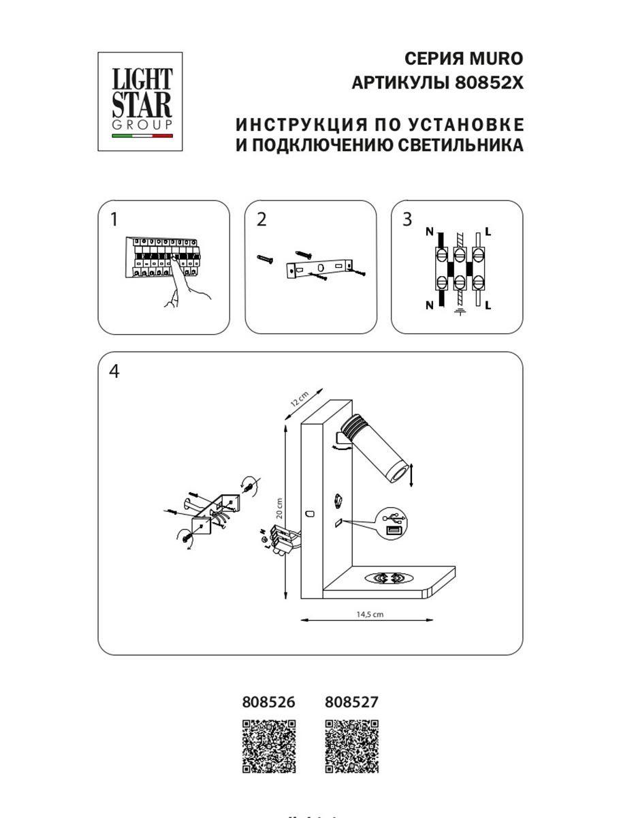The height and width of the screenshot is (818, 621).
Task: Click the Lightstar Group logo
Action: point(142,102)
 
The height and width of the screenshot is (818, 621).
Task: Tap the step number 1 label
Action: point(114,219)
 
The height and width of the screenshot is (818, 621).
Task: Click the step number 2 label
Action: point(261,219)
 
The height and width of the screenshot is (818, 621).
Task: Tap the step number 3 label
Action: point(407,219)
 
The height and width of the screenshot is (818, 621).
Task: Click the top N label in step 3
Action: point(430,232)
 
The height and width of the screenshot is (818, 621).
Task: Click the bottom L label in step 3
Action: point(489,305)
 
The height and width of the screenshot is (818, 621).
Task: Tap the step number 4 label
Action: point(114,372)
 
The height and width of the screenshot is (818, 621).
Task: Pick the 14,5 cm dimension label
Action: point(370,613)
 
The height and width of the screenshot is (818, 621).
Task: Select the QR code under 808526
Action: point(269,746)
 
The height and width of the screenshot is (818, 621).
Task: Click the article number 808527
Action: point(351,701)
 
